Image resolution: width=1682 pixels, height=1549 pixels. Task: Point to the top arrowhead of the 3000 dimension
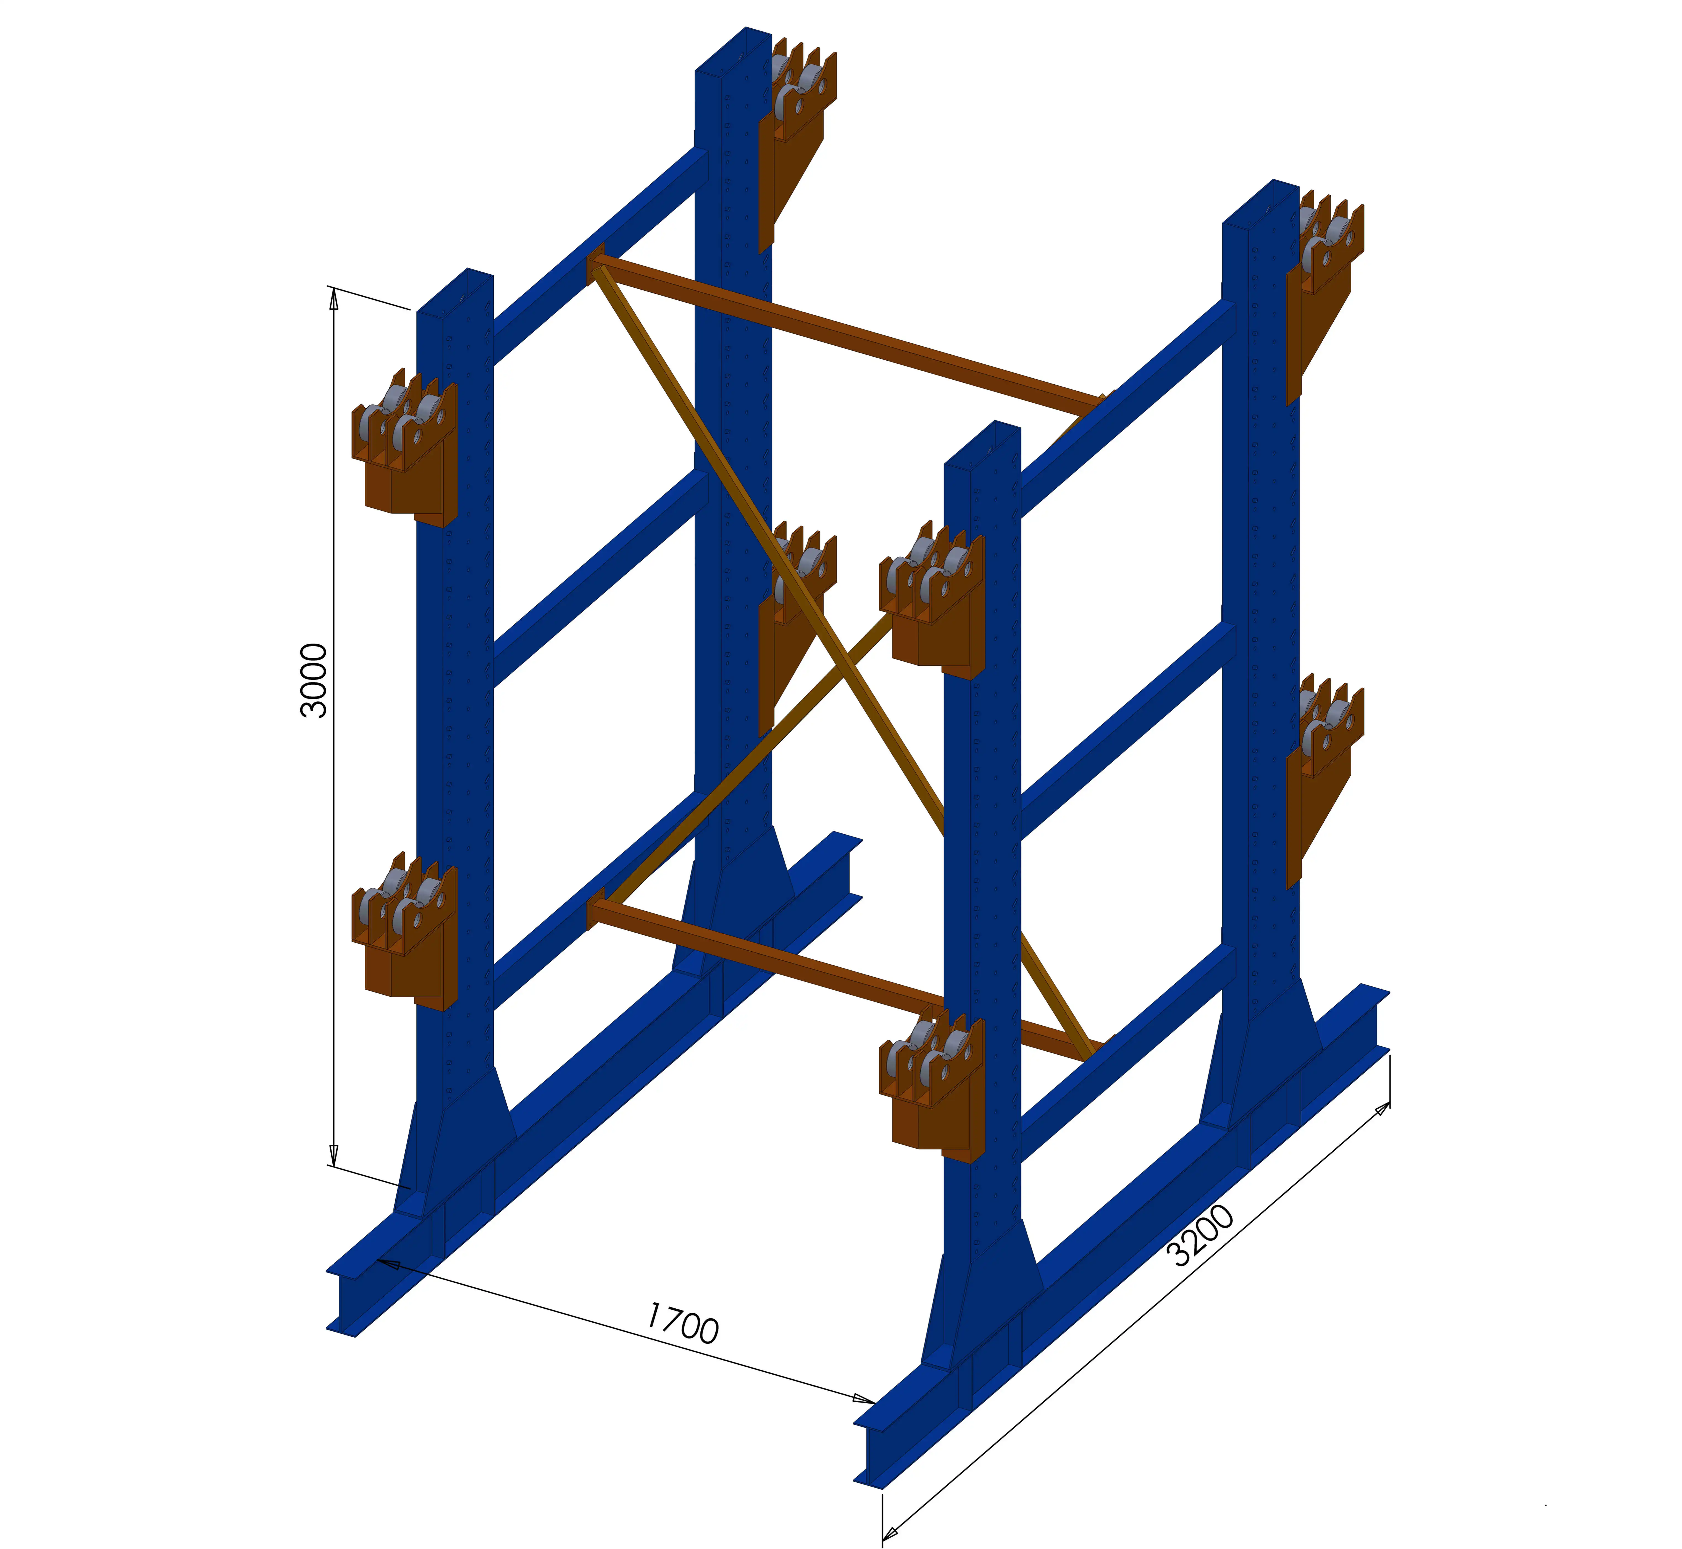tap(333, 298)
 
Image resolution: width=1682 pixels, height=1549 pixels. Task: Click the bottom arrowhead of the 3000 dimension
tap(333, 1155)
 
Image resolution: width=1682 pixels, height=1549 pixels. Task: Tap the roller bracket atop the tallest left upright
tap(796, 117)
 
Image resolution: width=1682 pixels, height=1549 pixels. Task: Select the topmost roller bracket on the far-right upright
tap(1324, 277)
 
